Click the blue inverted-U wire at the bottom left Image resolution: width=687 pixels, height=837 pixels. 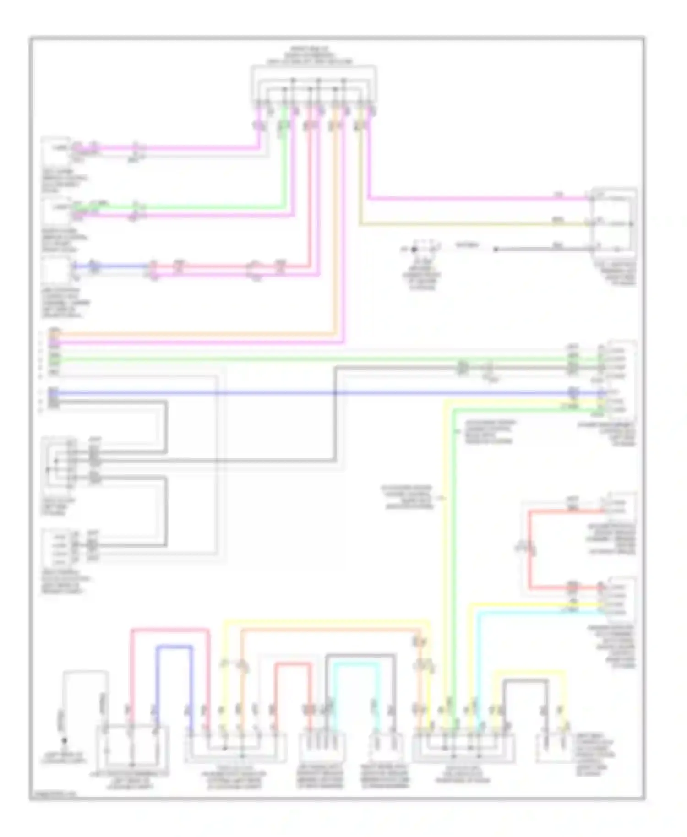pyautogui.click(x=174, y=647)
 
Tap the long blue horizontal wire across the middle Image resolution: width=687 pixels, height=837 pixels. pyautogui.click(x=321, y=393)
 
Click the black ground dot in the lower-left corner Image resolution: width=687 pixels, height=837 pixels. pyautogui.click(x=65, y=740)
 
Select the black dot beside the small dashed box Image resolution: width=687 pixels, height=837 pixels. pyautogui.click(x=414, y=250)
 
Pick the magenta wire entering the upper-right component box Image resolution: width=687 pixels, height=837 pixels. pyautogui.click(x=476, y=198)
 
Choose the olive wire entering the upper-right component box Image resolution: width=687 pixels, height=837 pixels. pyautogui.click(x=476, y=224)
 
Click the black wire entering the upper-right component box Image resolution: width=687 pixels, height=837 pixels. pyautogui.click(x=540, y=250)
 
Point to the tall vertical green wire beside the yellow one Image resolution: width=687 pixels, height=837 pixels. pyautogui.click(x=453, y=549)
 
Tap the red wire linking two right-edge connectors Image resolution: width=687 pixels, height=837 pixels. pyautogui.click(x=529, y=549)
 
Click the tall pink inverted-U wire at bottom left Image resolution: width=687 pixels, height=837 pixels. pyautogui.click(x=169, y=630)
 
